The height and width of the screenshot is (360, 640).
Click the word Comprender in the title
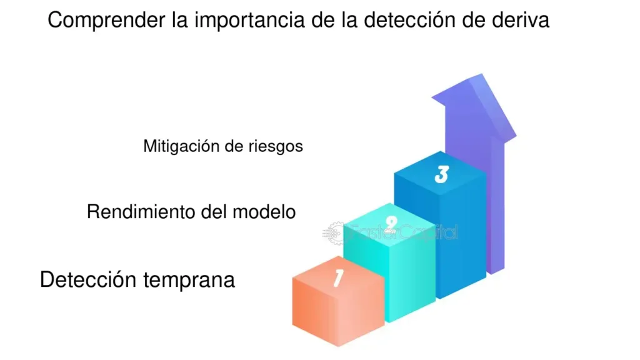click(x=106, y=21)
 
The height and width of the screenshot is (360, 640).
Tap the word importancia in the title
click(x=249, y=21)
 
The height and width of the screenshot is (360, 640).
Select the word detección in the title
click(x=409, y=20)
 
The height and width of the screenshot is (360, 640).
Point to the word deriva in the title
click(x=521, y=20)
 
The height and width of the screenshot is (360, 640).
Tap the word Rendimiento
click(x=142, y=212)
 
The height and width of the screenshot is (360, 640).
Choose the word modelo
click(x=264, y=212)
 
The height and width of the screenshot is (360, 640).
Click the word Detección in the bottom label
click(x=87, y=279)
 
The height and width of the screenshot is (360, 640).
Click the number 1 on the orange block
click(x=338, y=278)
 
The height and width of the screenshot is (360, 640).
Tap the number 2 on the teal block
click(x=391, y=224)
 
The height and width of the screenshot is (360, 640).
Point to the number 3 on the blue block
click(x=442, y=175)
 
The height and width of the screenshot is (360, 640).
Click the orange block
click(x=338, y=302)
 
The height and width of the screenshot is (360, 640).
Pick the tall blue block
click(x=441, y=224)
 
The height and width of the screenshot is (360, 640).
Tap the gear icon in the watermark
click(x=336, y=234)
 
